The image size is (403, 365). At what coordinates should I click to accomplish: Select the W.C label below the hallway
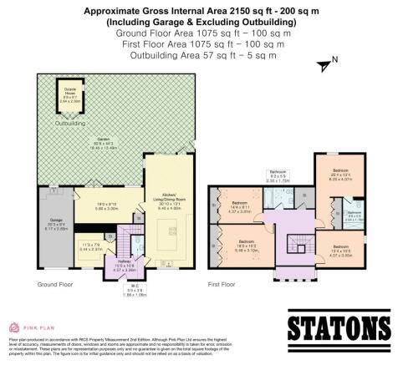tap(125, 291)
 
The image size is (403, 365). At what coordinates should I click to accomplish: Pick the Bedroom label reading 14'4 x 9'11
tap(240, 206)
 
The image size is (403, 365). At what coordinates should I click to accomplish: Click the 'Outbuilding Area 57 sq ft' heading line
tap(201, 55)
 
